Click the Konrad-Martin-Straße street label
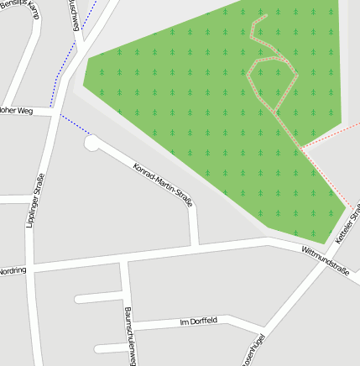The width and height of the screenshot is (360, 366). click(x=163, y=185)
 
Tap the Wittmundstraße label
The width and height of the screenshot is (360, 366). click(x=325, y=259)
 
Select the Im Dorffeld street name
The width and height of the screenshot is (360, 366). click(x=199, y=322)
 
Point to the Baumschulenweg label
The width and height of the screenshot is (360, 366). click(x=129, y=336)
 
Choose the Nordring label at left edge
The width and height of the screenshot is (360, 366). click(x=12, y=270)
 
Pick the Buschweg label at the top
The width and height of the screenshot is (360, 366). click(x=76, y=14)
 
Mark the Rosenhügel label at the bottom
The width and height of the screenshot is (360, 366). click(x=253, y=352)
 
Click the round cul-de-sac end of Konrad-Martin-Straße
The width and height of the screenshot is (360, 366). click(x=91, y=144)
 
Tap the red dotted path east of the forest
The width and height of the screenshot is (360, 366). click(x=331, y=135)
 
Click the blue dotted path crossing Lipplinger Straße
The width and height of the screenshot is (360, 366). click(x=72, y=123)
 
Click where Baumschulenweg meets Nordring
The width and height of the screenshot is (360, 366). click(x=123, y=261)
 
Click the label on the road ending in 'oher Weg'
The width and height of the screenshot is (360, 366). click(x=16, y=109)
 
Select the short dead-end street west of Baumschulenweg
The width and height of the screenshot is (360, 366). click(x=99, y=297)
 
